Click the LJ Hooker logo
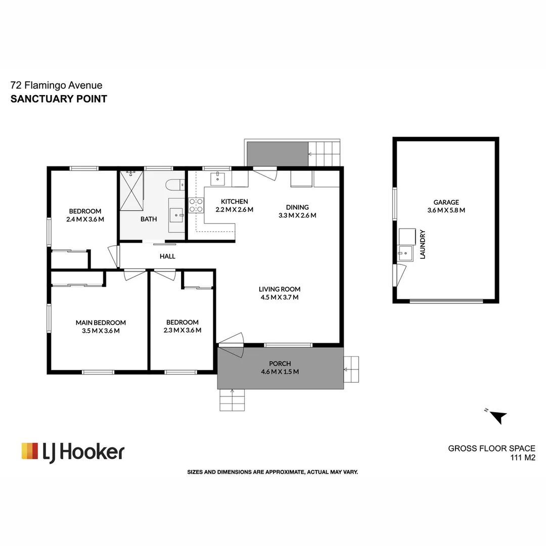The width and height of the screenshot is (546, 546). (73, 451)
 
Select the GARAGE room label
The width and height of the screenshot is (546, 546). (445, 202)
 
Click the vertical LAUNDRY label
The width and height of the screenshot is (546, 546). (423, 245)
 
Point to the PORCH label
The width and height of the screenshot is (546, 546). (280, 363)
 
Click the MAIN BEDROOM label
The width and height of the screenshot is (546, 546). (101, 323)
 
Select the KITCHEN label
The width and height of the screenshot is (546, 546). (234, 201)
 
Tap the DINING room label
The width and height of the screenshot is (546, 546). (297, 207)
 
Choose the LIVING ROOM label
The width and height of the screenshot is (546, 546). (279, 289)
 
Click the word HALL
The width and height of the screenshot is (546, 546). (167, 256)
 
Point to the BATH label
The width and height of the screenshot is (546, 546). (149, 219)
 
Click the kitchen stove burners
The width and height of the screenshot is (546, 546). (196, 205)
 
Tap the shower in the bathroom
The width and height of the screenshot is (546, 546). (131, 191)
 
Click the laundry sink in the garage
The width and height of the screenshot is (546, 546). (403, 253)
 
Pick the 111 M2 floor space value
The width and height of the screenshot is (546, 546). (522, 458)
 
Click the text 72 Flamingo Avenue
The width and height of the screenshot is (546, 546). (56, 86)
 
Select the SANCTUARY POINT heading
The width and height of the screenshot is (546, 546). (59, 99)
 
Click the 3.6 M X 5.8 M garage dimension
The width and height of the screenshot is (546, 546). (445, 210)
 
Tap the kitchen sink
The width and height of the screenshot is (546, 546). (219, 178)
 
